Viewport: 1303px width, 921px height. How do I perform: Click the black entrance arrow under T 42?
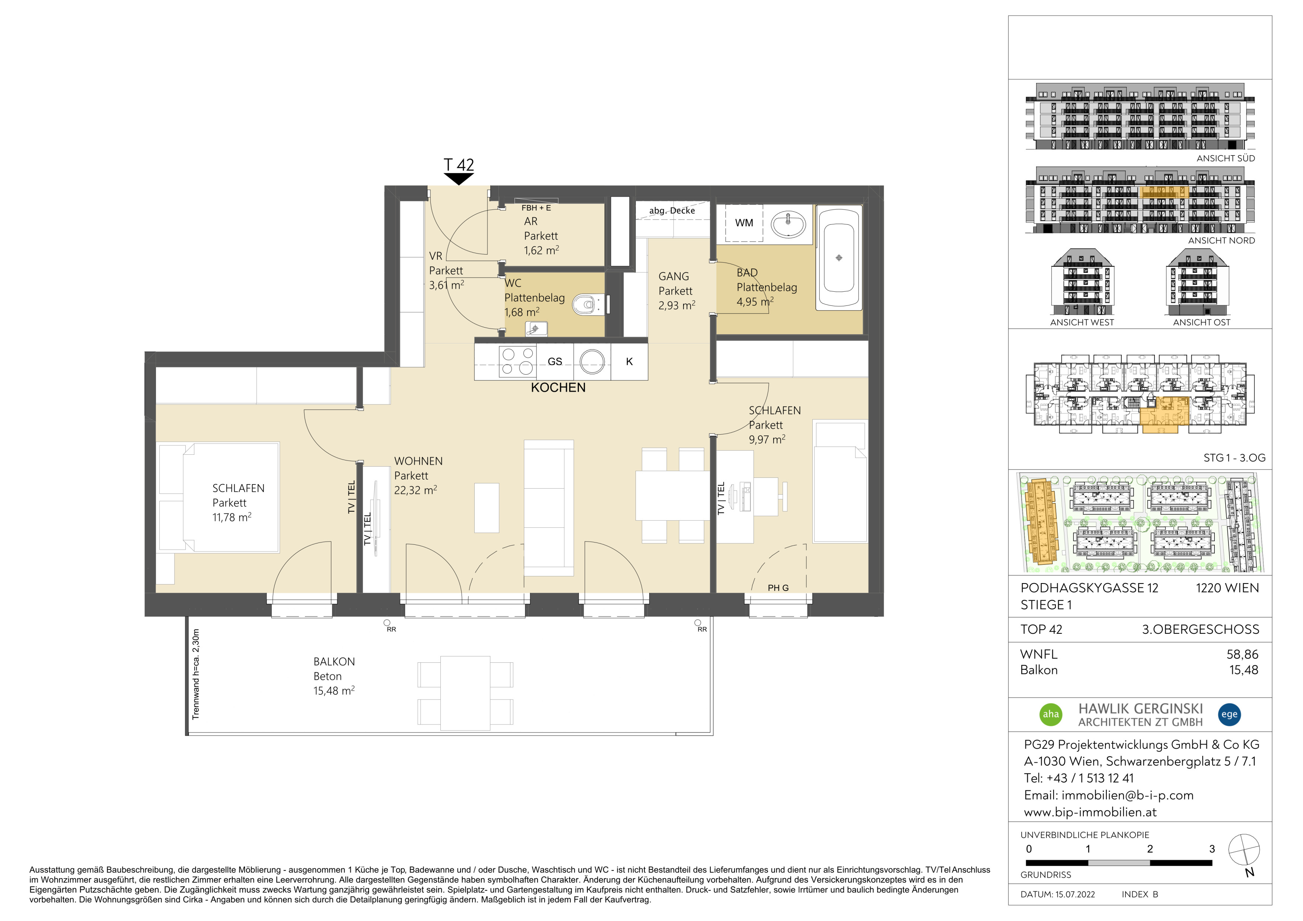click(x=459, y=179)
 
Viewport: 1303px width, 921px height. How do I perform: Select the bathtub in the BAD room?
click(x=839, y=258)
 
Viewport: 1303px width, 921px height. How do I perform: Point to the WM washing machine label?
click(x=744, y=223)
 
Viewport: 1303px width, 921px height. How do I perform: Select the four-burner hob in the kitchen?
click(x=517, y=362)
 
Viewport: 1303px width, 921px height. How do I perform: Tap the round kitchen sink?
click(x=592, y=361)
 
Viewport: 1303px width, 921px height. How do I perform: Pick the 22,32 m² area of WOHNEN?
click(x=415, y=490)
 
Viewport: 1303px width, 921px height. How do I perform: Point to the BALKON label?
click(x=334, y=662)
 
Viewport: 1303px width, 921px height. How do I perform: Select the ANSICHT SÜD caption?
click(x=1226, y=159)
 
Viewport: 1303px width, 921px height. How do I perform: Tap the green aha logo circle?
click(x=1051, y=714)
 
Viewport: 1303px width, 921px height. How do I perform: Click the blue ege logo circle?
click(x=1229, y=714)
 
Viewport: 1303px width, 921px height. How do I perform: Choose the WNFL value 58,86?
click(x=1242, y=655)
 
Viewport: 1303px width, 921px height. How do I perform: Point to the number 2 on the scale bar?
click(x=1150, y=849)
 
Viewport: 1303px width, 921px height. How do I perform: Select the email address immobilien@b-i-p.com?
click(x=1128, y=795)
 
